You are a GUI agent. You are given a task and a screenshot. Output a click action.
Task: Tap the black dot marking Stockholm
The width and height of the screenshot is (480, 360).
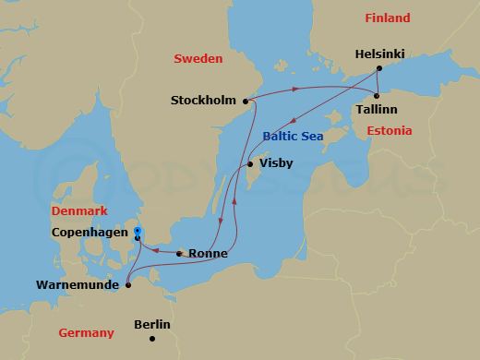click(x=246, y=101)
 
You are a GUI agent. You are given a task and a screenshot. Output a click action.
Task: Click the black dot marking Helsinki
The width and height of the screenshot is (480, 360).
click(x=378, y=69)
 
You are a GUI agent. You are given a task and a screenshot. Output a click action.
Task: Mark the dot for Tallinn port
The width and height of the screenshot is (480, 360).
click(x=378, y=95)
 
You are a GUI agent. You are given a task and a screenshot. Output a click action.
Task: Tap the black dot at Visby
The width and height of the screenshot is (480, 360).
click(x=248, y=165)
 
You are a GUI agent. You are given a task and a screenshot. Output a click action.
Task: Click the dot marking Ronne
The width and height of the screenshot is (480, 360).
click(x=178, y=253)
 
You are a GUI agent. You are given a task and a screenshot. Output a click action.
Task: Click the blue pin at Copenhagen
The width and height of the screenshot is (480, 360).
click(x=137, y=233)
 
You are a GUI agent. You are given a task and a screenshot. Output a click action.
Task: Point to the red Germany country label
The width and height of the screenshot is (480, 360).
click(x=86, y=332)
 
